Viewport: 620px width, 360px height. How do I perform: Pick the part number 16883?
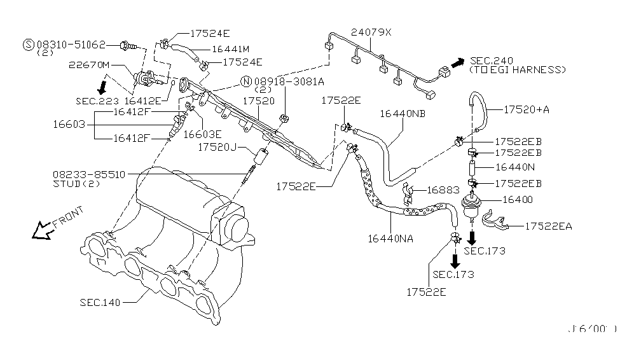pyautogui.click(x=441, y=190)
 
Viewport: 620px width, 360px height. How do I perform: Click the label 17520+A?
pyautogui.click(x=528, y=109)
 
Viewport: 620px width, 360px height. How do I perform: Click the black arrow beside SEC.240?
pyautogui.click(x=457, y=62)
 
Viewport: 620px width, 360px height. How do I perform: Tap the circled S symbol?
pyautogui.click(x=28, y=45)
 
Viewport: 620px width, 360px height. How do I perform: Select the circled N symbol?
pyautogui.click(x=245, y=81)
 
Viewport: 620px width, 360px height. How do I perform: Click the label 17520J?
pyautogui.click(x=217, y=147)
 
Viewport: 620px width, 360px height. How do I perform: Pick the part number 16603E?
pyautogui.click(x=202, y=134)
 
